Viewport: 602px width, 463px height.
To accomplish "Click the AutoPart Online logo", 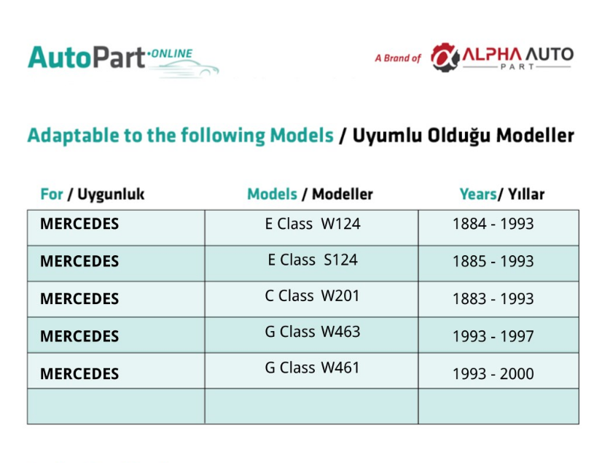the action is pyautogui.click(x=123, y=61).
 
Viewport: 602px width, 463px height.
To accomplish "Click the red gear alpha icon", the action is pyautogui.click(x=445, y=58).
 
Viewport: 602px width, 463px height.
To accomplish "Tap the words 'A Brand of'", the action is pyautogui.click(x=398, y=58).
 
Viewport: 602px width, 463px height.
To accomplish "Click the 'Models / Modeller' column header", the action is pyautogui.click(x=310, y=194).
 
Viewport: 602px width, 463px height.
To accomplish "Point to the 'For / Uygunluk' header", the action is pyautogui.click(x=93, y=194).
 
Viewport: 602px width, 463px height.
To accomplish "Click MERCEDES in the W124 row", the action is pyautogui.click(x=79, y=224).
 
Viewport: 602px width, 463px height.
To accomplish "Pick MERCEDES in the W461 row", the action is pyautogui.click(x=79, y=373).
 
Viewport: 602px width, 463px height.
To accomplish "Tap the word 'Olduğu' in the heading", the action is pyautogui.click(x=459, y=135).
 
